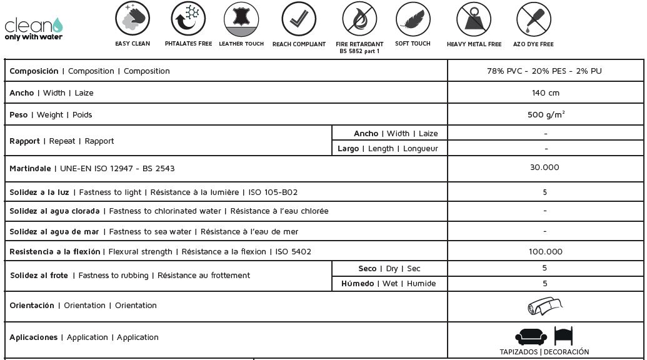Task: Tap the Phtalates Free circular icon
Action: (188, 19)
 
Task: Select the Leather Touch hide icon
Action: (241, 19)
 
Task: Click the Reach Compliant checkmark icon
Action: (299, 19)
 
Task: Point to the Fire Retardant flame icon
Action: (359, 19)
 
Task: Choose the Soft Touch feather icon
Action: (413, 19)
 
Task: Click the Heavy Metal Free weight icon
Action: (474, 19)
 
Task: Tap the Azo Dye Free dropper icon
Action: (533, 19)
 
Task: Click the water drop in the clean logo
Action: (58, 25)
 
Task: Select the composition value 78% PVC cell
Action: (544, 71)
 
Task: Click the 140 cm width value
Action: (545, 93)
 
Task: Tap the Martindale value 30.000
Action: (544, 167)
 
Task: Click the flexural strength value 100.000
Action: (545, 252)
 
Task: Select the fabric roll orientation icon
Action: (544, 306)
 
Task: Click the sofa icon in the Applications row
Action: (531, 336)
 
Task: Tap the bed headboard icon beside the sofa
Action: (563, 336)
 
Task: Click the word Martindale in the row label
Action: (30, 169)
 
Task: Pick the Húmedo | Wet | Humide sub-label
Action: (388, 284)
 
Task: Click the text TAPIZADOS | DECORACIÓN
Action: (544, 352)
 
